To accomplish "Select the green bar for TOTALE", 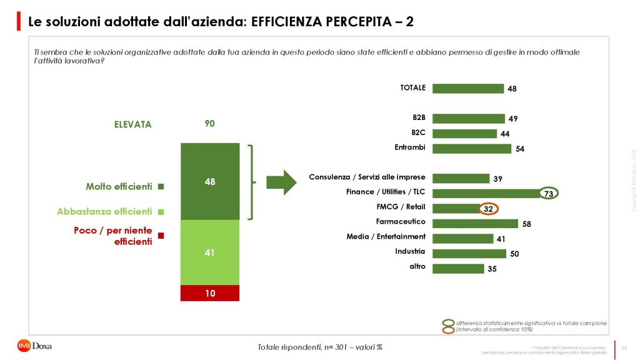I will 467,88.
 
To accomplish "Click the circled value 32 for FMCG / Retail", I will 489,208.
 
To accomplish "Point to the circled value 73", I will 549,194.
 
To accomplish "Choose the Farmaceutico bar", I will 475,223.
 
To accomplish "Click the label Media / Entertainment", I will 386,236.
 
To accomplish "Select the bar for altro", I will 458,268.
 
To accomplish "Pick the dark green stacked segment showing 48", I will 210,181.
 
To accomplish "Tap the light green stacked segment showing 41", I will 210,252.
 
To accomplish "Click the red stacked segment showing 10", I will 210,292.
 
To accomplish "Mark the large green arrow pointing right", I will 281,182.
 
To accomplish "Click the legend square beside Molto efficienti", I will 161,186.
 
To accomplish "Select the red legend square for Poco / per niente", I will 161,236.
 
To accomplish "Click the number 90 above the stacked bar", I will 210,124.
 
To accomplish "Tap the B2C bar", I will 464,133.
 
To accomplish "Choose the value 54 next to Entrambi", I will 519,149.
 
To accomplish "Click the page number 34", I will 624,347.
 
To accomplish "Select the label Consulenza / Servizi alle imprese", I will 367,177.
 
